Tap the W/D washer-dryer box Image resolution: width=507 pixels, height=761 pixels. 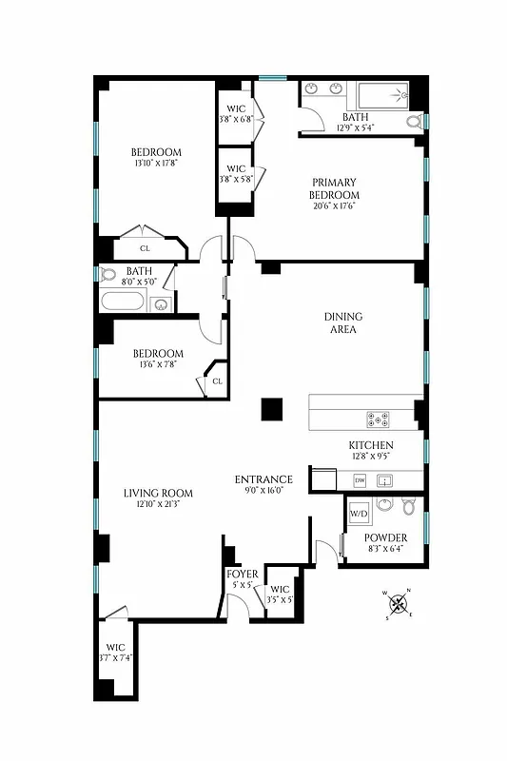click(359, 515)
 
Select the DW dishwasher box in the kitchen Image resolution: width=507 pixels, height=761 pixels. click(361, 480)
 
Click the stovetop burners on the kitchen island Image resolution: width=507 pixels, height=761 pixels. click(379, 419)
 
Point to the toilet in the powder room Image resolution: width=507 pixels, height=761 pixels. click(409, 505)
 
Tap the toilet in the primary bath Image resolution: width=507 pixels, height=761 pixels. click(413, 121)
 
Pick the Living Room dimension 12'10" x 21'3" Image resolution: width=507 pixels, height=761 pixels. click(158, 504)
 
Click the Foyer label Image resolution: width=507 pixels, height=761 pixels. click(242, 574)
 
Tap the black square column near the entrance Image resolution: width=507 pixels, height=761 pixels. click(272, 409)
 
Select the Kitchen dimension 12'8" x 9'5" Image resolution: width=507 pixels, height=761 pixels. click(371, 457)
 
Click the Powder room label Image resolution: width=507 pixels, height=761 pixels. click(385, 537)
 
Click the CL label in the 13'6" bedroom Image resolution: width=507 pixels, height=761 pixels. click(217, 381)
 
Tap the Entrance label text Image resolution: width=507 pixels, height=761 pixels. click(263, 478)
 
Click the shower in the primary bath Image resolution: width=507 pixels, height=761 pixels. click(380, 95)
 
